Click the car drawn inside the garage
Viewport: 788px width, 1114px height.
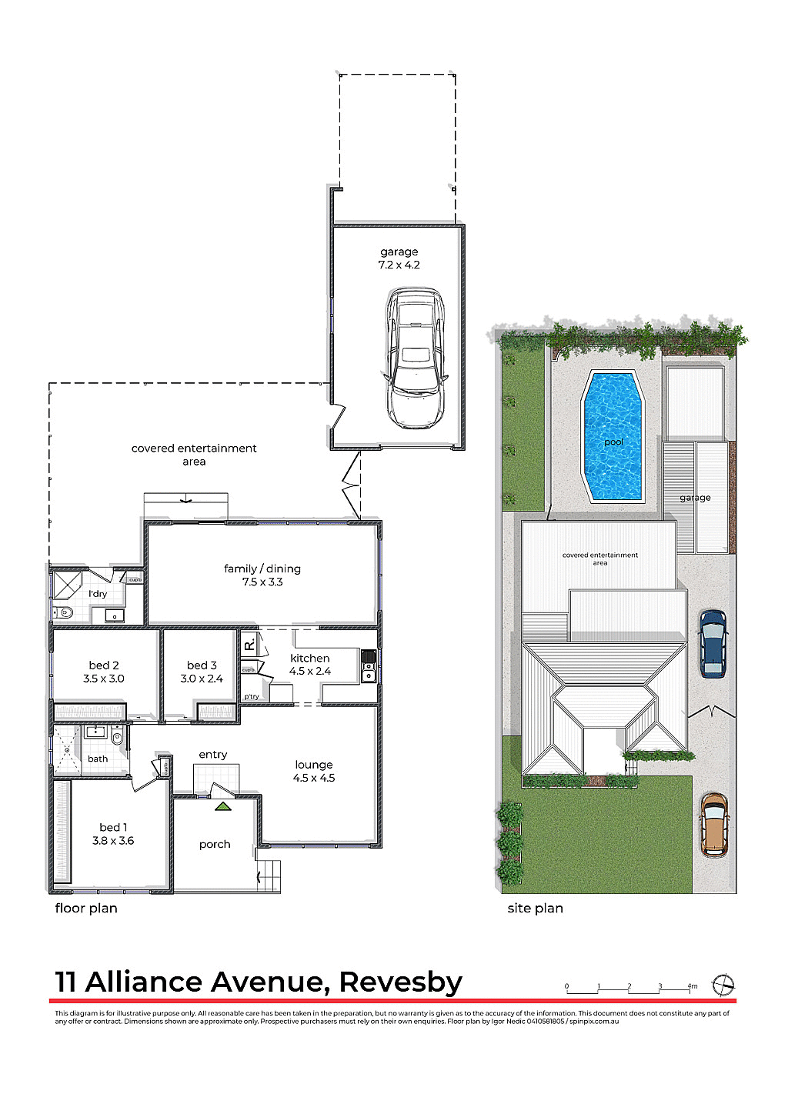coord(415,359)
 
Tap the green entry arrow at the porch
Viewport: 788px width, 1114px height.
coord(222,806)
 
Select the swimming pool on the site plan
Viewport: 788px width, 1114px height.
coord(613,435)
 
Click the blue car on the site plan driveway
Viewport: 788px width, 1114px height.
coord(713,643)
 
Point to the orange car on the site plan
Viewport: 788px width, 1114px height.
coord(714,825)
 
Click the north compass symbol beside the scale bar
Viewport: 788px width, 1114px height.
coord(723,985)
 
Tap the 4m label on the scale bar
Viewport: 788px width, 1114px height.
coord(692,986)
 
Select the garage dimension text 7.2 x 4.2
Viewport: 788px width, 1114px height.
coord(399,265)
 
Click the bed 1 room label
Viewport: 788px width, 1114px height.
coord(113,827)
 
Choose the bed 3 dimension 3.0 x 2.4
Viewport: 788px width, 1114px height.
coord(202,679)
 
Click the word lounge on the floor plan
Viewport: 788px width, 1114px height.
coord(314,765)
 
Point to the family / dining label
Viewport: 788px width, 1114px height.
coord(262,569)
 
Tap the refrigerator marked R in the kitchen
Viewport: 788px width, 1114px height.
coord(249,644)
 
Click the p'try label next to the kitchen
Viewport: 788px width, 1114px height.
coord(252,697)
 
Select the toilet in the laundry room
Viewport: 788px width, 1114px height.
coord(63,613)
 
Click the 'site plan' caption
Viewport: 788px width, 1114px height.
coord(535,908)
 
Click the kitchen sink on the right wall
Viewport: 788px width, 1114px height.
coord(368,675)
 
